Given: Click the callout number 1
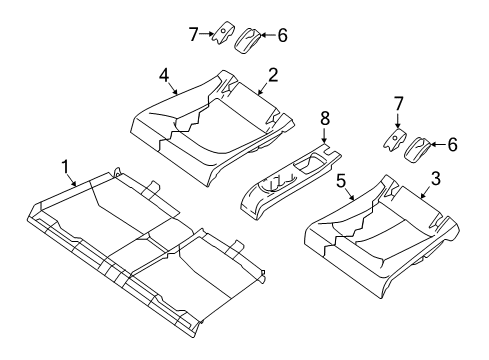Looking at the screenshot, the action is coord(65,167).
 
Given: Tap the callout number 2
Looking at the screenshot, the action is coord(273,76).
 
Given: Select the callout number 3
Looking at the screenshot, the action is coord(436,179).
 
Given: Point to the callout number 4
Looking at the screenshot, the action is coord(164,76).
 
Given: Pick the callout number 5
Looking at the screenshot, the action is coord(341,182).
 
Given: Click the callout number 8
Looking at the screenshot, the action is coord(324,119).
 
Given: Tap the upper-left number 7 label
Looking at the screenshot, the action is coord(193,34).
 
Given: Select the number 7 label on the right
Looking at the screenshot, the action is coord(398,104).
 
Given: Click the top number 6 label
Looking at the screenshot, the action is coord(282,35).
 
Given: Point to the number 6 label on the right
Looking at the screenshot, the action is coord(452,145).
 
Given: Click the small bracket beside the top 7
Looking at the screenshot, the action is coord(222,33).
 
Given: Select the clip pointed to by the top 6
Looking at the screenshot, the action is coord(248,40).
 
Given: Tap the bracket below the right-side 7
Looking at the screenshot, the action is coord(395,139).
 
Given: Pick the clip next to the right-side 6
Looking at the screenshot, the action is coord(417,150).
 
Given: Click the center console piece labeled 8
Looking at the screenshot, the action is coord(290,180).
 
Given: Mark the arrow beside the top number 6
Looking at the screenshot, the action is coord(268,35).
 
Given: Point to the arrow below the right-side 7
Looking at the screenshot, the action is coord(397,121).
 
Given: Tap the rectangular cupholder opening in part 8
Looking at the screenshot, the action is coord(309,165).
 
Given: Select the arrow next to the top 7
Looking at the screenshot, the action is coord(207,34).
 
